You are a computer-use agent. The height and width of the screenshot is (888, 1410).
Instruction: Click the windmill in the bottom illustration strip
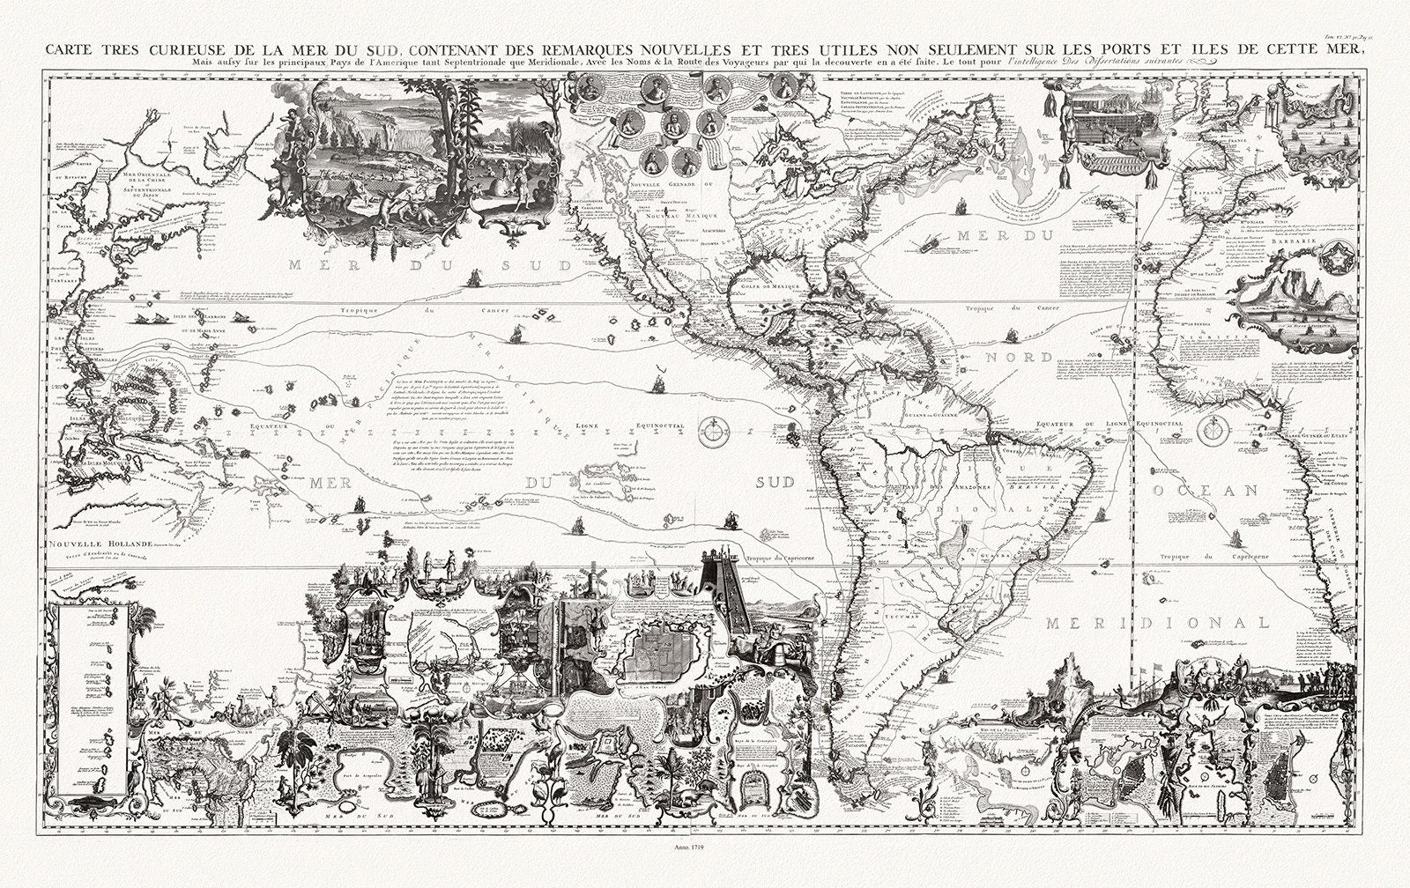(x=568, y=581)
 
